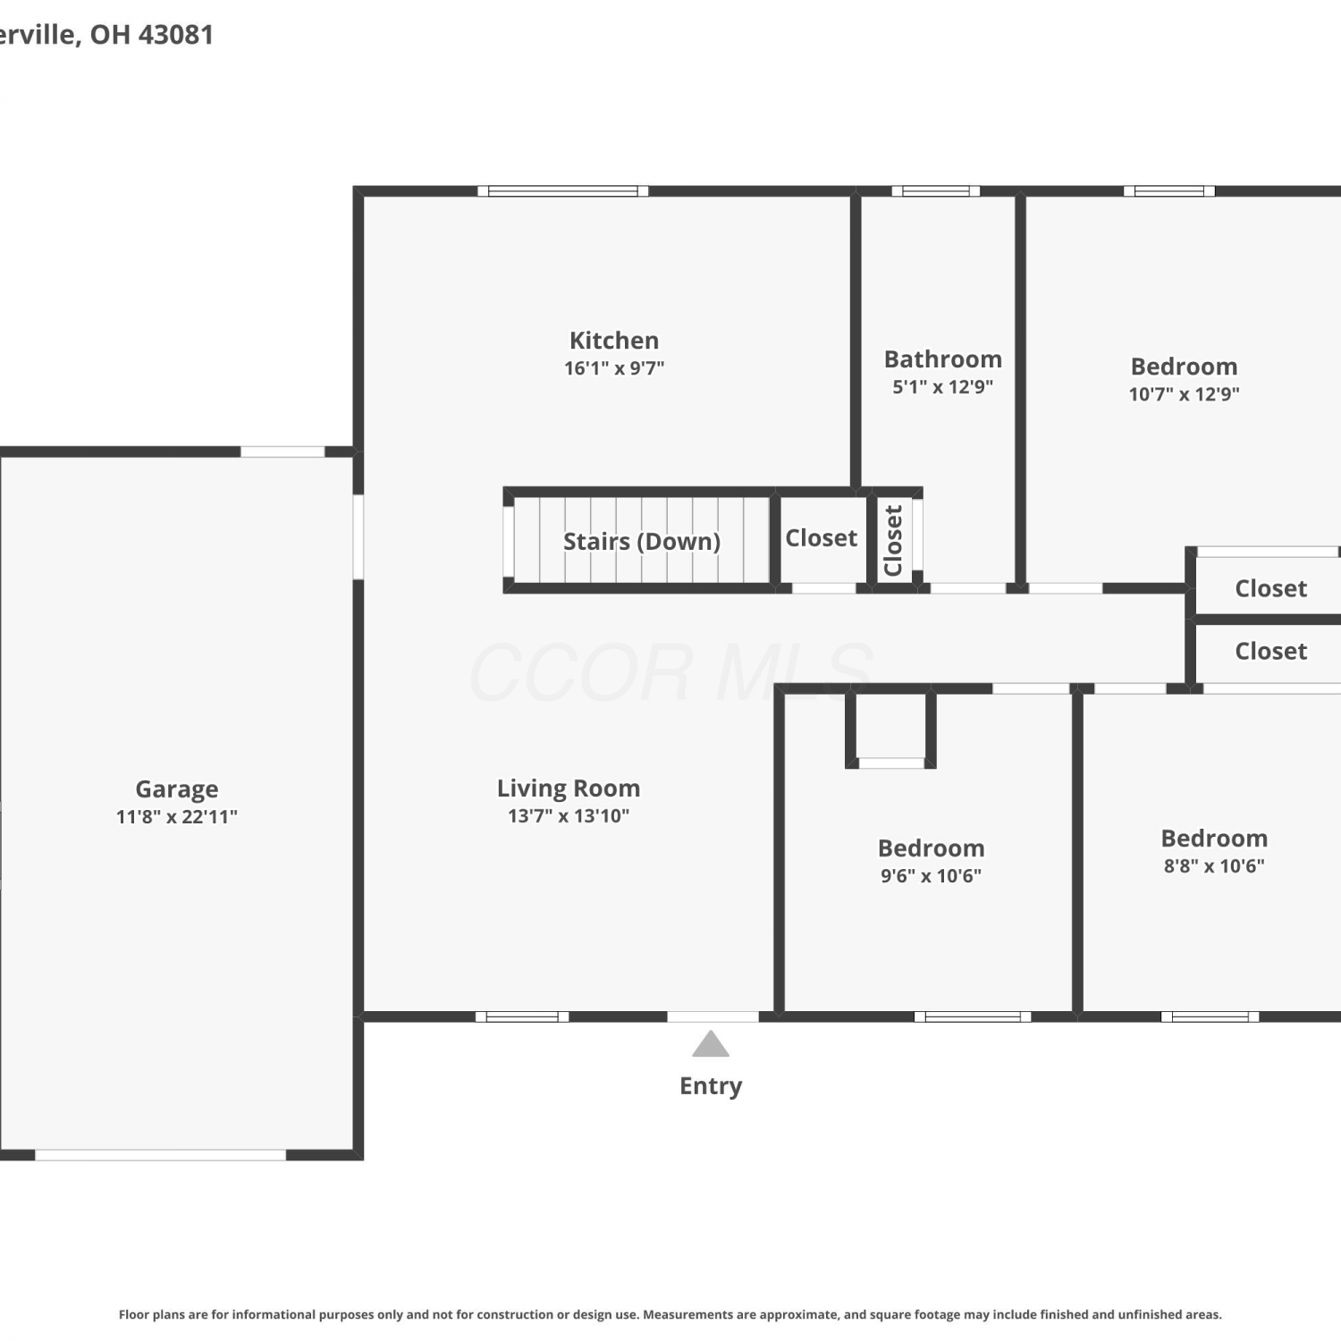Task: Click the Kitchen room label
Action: tap(614, 341)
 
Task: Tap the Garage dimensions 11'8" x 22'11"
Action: tap(177, 816)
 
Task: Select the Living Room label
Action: tap(569, 789)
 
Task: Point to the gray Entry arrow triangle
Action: tap(711, 1043)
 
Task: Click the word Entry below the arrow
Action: tap(711, 1086)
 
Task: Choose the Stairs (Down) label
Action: tap(642, 541)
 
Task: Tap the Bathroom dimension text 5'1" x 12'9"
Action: tap(943, 387)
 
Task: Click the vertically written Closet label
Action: tap(893, 541)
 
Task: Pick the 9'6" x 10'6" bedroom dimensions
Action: tap(932, 876)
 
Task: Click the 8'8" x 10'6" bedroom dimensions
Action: tap(1214, 866)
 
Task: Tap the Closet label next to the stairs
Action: tap(822, 538)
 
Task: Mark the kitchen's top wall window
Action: tap(563, 190)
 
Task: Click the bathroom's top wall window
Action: tap(936, 190)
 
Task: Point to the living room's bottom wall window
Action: tap(522, 1016)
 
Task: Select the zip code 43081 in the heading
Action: tap(175, 35)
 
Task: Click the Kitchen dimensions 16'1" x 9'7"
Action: tap(614, 368)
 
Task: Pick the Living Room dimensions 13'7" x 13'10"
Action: tap(569, 816)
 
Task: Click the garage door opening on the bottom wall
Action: tap(160, 1155)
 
